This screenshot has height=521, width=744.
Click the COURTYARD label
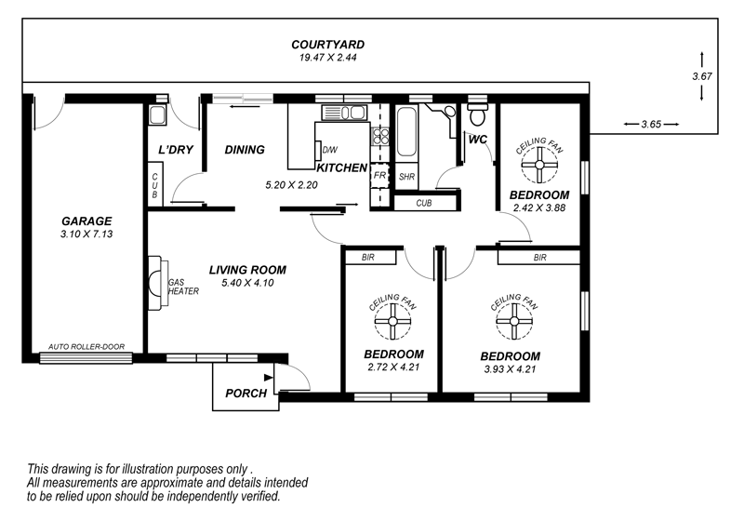coord(328,45)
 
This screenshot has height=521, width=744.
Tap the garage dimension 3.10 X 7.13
coord(86,234)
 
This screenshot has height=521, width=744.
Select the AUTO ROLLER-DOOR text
coord(86,347)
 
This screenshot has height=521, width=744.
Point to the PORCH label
coord(246,394)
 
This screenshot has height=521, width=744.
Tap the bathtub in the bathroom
coord(406,132)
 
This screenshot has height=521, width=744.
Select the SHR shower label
coord(406,177)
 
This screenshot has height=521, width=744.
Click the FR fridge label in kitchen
coord(379,176)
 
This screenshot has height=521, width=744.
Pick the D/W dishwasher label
coord(330,150)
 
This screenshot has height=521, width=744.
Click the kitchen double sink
coord(344,113)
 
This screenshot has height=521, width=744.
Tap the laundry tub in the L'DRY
coord(156,115)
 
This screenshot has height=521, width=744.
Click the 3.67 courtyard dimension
coord(702,76)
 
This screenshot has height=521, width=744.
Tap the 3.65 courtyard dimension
coord(651,125)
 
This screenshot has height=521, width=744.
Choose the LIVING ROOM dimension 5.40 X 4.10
coord(247,283)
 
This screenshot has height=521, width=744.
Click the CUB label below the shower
coord(424,203)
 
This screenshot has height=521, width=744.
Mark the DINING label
coord(245,150)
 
